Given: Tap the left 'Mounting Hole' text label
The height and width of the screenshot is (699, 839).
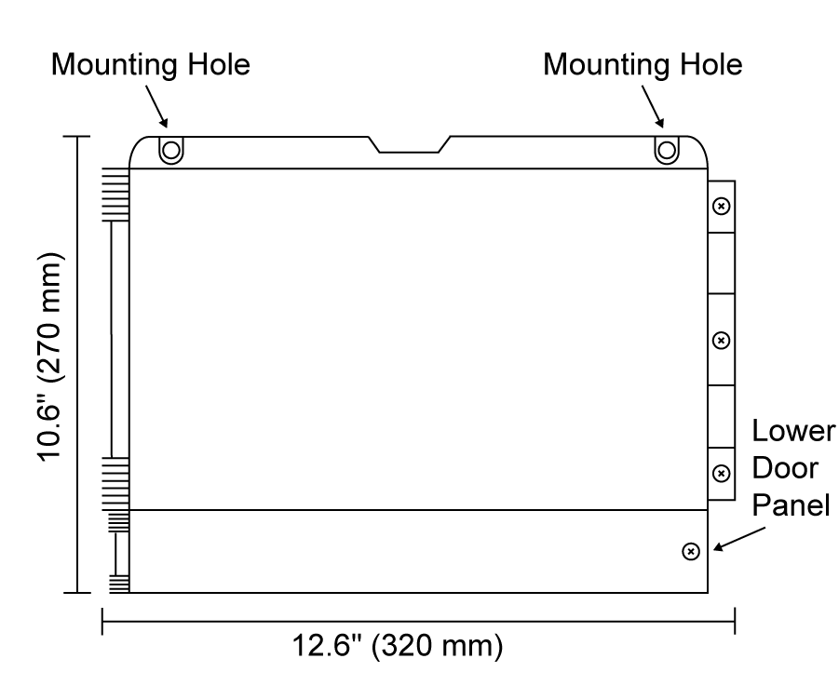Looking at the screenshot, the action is (150, 66).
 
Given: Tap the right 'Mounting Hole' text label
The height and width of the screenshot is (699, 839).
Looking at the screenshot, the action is (643, 66).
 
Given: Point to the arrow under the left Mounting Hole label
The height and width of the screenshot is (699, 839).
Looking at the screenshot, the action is (156, 106).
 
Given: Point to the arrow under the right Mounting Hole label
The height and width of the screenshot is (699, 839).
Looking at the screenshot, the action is (653, 106).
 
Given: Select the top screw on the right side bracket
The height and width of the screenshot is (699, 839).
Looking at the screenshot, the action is (722, 206).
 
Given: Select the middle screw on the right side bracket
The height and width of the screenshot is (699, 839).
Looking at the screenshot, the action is (722, 340).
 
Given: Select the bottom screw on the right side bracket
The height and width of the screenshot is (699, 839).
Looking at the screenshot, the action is (722, 474).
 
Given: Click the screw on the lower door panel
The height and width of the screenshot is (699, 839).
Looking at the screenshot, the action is (691, 551).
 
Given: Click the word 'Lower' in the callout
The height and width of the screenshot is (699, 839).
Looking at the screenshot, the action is (793, 431).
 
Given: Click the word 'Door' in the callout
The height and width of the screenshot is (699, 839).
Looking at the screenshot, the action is (785, 468).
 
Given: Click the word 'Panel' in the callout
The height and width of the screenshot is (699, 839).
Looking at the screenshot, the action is (791, 505).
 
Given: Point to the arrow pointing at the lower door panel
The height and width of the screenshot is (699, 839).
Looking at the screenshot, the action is (739, 539).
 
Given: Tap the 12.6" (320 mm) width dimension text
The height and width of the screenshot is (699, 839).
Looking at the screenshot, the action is (397, 646).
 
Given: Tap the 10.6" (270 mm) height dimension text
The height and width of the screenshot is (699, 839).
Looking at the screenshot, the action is (50, 356).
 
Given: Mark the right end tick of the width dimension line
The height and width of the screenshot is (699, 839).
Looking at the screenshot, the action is (735, 621).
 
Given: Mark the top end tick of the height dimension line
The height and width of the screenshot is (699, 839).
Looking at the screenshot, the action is (77, 137).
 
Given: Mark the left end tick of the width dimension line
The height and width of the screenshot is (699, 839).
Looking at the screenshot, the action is (102, 621).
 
